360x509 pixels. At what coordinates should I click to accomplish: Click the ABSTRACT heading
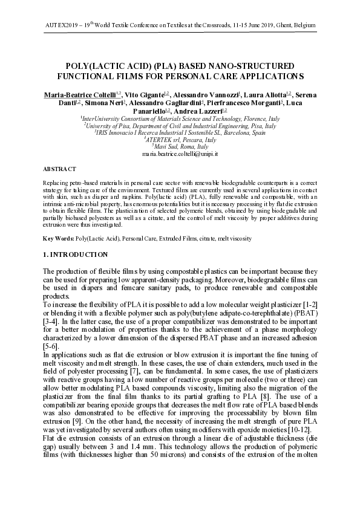click(x=60, y=169)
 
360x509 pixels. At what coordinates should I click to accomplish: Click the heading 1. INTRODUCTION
click(x=76, y=254)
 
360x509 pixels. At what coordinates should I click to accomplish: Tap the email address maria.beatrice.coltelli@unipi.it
click(x=180, y=155)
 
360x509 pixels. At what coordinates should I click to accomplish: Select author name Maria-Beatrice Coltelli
click(x=80, y=95)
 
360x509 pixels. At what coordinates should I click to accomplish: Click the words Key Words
click(x=58, y=239)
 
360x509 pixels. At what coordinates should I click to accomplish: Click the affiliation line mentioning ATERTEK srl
click(x=180, y=140)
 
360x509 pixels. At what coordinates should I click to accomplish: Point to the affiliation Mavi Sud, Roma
click(x=180, y=147)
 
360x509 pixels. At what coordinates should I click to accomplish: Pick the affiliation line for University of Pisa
click(x=180, y=126)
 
